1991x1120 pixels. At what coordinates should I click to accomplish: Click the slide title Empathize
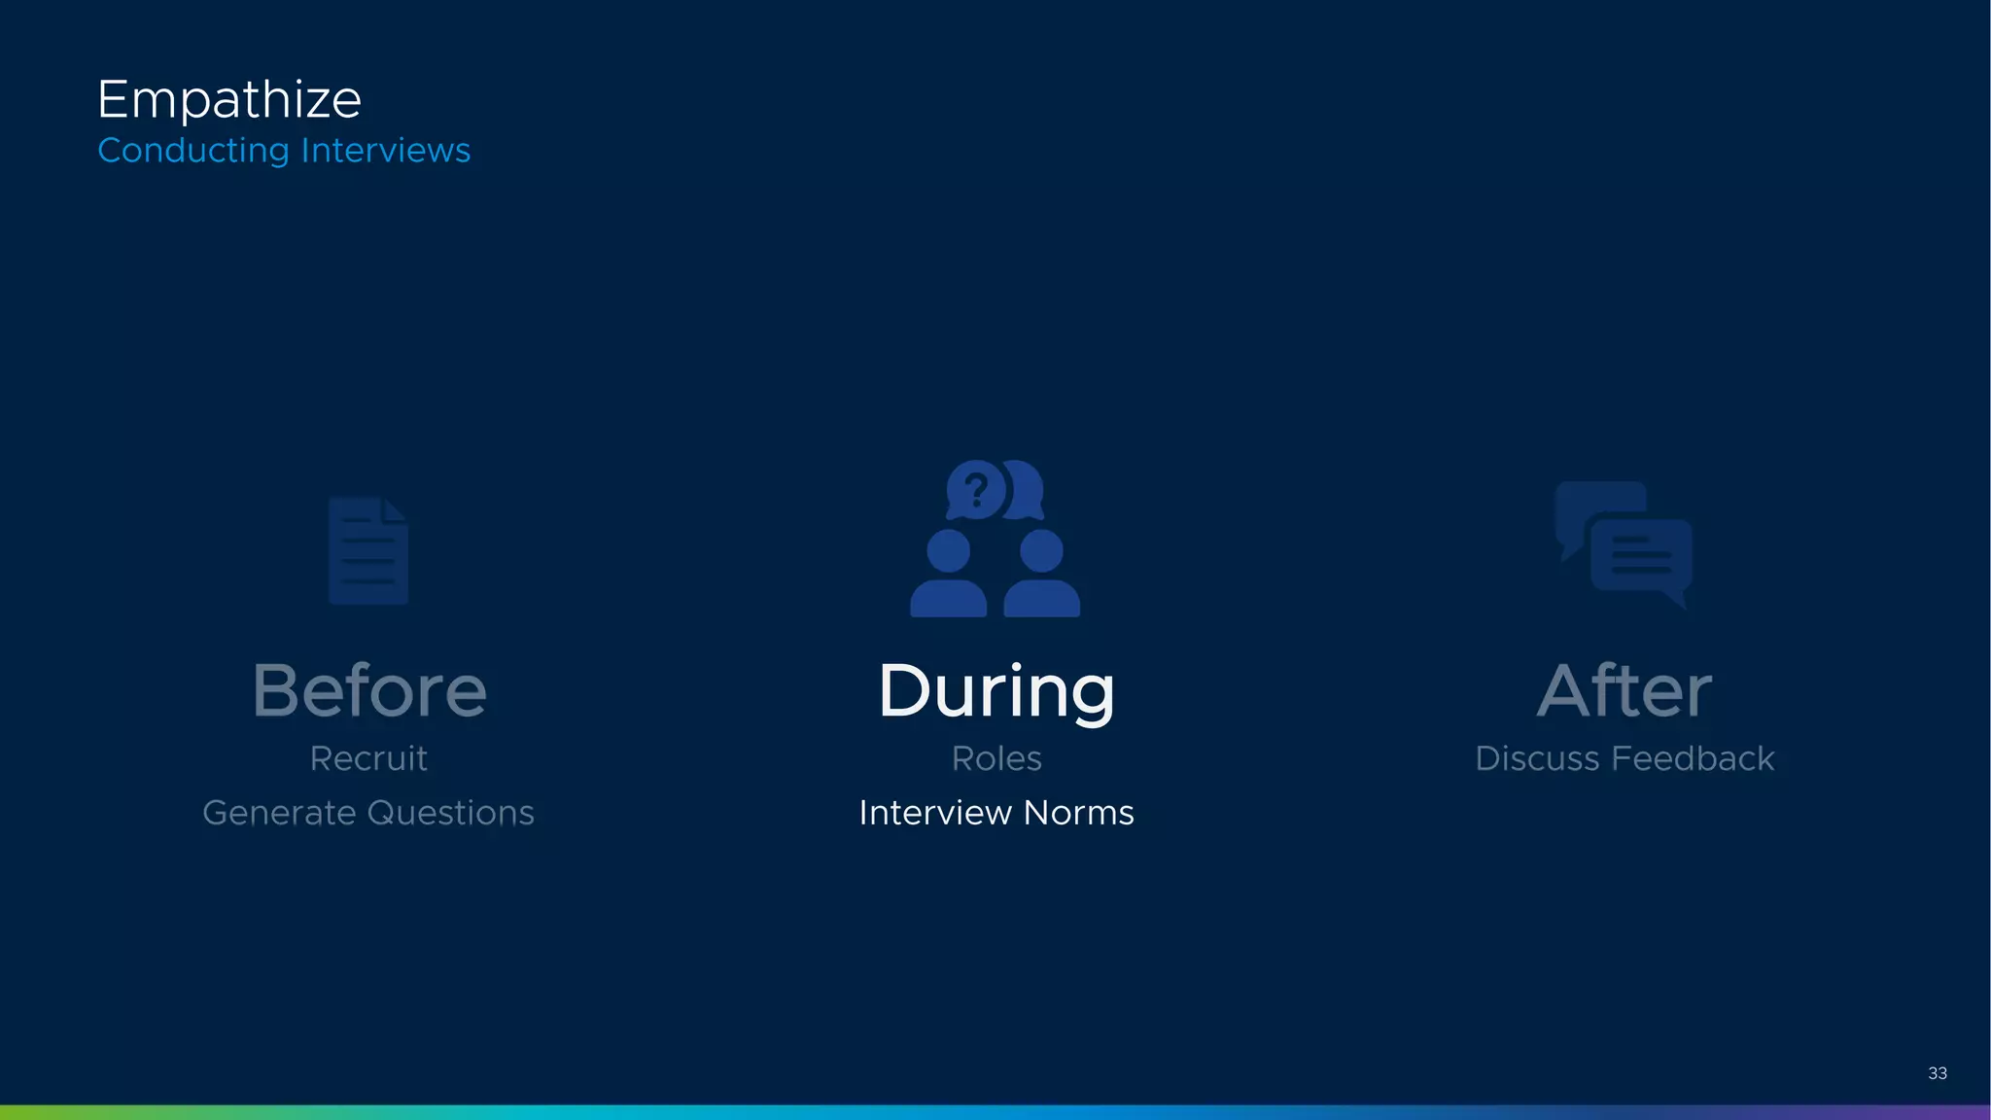click(x=229, y=100)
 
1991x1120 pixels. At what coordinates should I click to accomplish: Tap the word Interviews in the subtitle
click(x=386, y=151)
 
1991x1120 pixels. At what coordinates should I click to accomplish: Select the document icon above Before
click(x=368, y=551)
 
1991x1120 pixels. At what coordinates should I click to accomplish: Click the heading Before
click(x=369, y=691)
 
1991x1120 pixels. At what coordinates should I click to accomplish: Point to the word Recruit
click(x=368, y=758)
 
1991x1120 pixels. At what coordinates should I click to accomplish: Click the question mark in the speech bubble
click(x=976, y=489)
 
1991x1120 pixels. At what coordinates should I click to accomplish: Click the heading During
click(x=996, y=691)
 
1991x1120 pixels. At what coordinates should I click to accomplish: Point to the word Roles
click(x=996, y=758)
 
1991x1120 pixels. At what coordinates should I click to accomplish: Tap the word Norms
click(x=1079, y=813)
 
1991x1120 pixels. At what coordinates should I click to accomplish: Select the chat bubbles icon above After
click(x=1624, y=544)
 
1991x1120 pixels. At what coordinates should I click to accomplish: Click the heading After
click(x=1624, y=691)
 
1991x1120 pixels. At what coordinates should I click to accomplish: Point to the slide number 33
click(x=1937, y=1073)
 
